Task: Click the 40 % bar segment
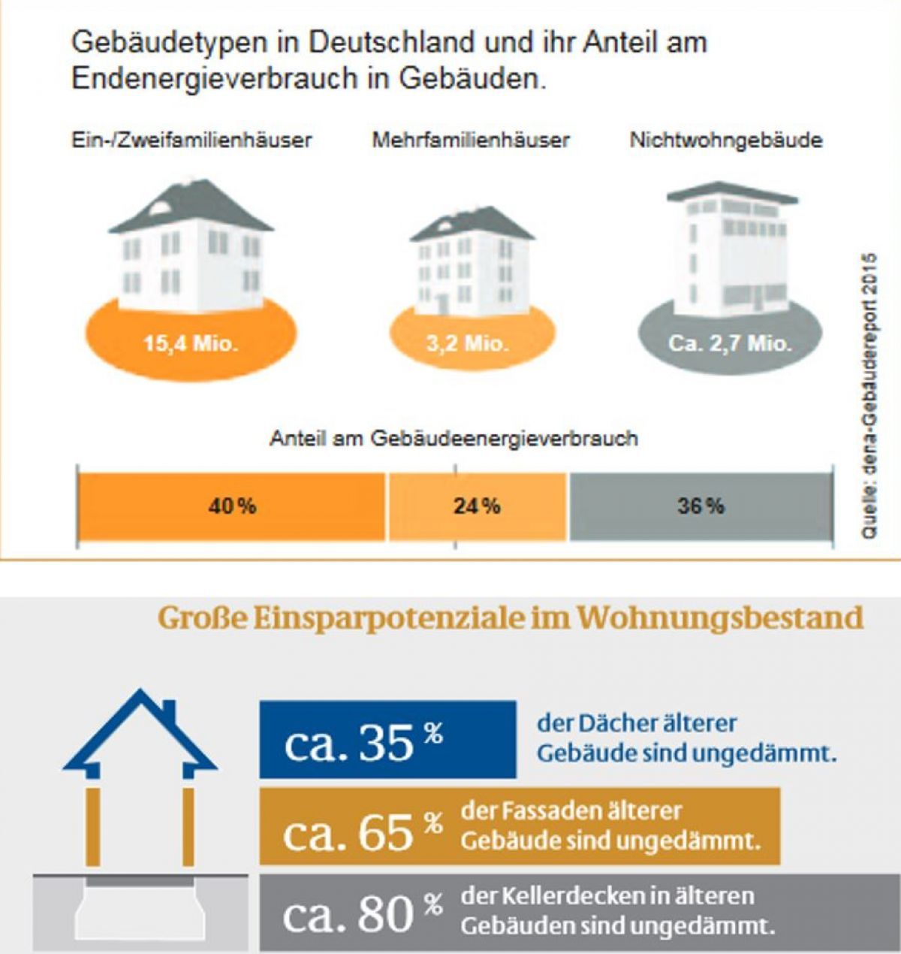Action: click(x=231, y=506)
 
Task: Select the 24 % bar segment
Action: click(x=477, y=506)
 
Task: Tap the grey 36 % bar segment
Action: click(x=701, y=506)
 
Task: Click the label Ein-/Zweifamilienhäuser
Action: click(x=191, y=140)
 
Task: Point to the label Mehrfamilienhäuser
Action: click(x=471, y=140)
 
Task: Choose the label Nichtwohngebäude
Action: click(x=726, y=140)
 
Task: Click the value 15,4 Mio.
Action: click(x=191, y=344)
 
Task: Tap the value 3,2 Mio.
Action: click(x=468, y=344)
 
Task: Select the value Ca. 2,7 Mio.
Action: click(x=730, y=344)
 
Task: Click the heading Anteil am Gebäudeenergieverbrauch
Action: click(x=454, y=439)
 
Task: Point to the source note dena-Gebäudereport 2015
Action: click(x=869, y=394)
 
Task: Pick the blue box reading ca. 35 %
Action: click(x=387, y=740)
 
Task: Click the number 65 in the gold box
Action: click(x=386, y=832)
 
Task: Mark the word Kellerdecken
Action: click(x=561, y=896)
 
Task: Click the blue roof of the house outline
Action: click(x=140, y=732)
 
